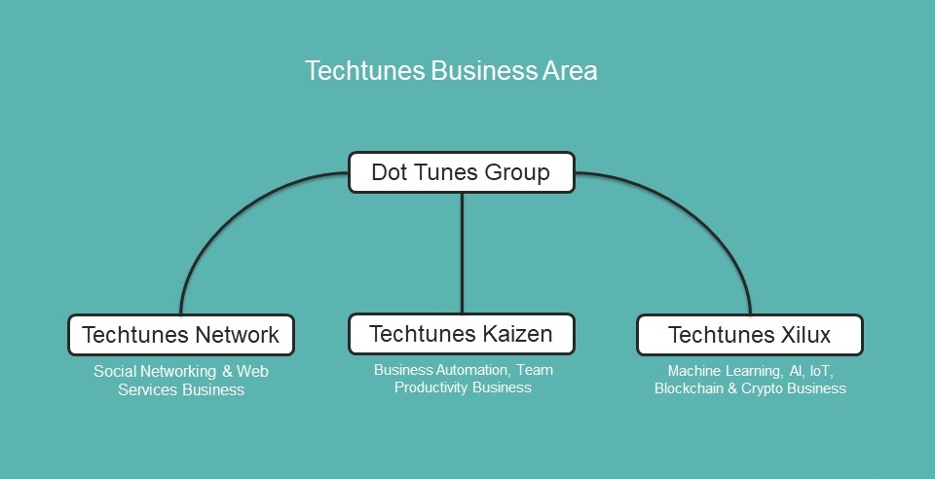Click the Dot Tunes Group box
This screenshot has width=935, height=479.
(x=461, y=173)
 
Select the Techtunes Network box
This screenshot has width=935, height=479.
(x=180, y=335)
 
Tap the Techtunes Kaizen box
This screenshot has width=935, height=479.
(x=461, y=335)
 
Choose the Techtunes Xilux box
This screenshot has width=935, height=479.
(x=749, y=335)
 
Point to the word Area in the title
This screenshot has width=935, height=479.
(x=570, y=71)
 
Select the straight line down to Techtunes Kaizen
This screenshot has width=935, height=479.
(x=462, y=253)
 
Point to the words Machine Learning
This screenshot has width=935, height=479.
(x=723, y=371)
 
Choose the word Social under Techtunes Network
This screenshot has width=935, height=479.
(x=114, y=372)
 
